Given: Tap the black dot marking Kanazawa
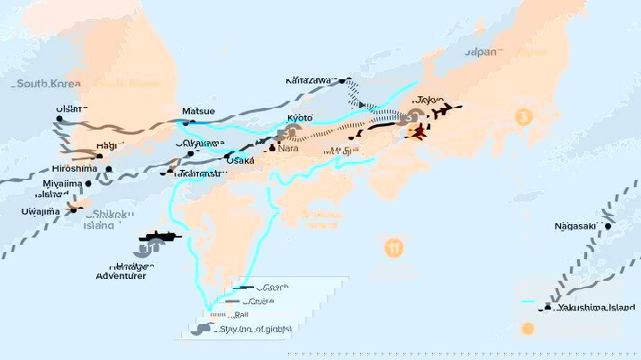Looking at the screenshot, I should tap(342, 81).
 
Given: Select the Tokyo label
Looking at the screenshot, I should tap(430, 101).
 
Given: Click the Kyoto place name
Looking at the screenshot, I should tap(300, 118).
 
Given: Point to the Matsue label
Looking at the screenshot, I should tap(199, 112).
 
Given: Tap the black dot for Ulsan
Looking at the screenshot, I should tap(59, 119).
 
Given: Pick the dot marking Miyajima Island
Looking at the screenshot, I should tap(88, 184).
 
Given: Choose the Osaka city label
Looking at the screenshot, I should tap(240, 160).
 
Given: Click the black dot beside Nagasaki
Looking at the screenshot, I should tap(609, 227).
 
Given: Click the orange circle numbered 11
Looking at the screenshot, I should tap(393, 247).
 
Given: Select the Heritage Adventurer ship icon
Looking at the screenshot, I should tap(160, 238).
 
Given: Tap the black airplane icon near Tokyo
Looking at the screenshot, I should tap(441, 113).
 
